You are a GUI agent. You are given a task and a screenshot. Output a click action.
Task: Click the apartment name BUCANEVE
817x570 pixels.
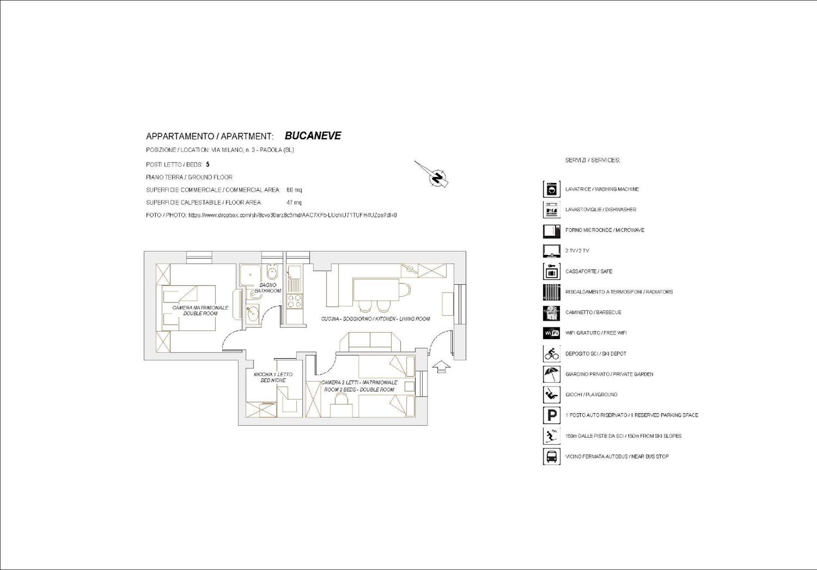313,136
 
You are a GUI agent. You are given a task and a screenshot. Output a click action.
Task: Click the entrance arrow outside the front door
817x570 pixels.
441,367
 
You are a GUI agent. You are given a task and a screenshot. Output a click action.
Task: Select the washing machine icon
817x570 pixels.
551,189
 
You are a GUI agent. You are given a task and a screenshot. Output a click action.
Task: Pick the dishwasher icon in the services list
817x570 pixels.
551,210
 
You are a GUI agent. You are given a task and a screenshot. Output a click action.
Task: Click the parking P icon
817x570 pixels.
551,415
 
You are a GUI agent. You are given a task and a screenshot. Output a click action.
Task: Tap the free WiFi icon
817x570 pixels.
551,333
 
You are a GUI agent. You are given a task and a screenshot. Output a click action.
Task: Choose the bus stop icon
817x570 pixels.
551,456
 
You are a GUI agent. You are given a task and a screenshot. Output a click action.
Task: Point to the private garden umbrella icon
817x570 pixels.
551,374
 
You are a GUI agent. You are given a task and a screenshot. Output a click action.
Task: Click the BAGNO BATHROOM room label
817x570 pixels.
268,288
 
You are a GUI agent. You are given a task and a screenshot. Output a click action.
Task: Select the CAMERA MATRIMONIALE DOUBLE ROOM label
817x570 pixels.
200,311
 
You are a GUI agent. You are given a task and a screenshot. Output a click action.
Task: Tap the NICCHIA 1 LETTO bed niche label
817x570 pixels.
273,377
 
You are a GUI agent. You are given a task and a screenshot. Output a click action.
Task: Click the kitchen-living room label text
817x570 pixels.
375,319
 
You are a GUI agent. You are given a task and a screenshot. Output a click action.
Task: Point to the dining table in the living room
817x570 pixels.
376,290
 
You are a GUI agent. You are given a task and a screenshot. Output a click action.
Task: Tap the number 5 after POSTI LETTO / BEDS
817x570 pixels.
208,165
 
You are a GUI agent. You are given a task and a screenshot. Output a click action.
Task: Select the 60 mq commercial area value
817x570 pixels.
294,190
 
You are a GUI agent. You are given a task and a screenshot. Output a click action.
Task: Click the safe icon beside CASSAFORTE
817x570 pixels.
551,271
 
